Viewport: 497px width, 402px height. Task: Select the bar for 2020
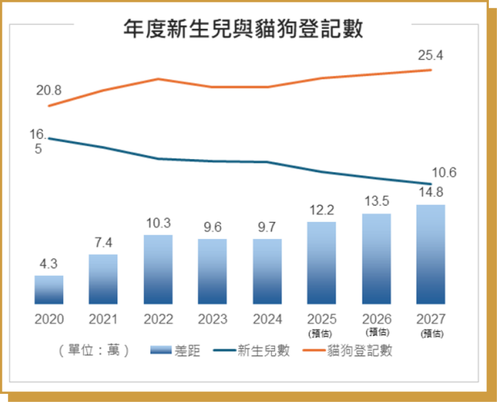tap(49, 290)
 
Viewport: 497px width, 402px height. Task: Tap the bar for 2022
tap(158, 269)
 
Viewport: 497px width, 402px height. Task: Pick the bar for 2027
tap(430, 254)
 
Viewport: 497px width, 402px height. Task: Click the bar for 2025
tap(322, 263)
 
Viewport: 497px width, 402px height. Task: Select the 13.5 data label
tap(376, 202)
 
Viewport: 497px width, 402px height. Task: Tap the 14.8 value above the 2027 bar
tap(430, 193)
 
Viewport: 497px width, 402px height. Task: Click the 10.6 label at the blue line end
tap(444, 173)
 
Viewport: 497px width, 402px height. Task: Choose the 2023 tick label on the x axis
tap(212, 319)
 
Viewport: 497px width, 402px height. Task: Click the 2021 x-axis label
tap(104, 319)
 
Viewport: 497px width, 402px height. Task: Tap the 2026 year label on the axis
tap(376, 319)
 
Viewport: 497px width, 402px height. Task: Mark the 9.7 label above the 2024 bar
tap(267, 228)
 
